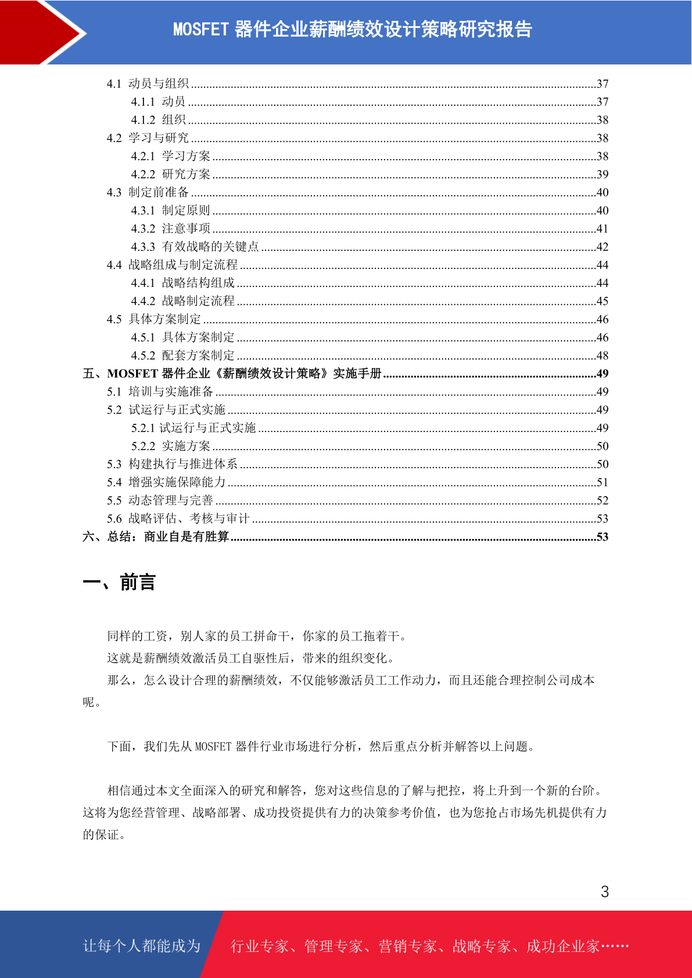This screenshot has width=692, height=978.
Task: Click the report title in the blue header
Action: pos(352,29)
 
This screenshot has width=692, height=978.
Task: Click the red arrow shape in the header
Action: pos(35,32)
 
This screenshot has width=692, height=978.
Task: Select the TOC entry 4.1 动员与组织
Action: pos(148,84)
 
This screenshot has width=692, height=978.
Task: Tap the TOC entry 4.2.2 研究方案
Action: pos(171,174)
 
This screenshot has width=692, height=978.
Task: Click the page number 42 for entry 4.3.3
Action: pos(602,247)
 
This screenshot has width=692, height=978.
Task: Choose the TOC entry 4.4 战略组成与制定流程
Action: pos(173,265)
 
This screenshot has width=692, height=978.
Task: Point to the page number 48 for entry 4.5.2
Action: pos(602,355)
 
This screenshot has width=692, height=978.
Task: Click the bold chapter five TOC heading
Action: pos(232,373)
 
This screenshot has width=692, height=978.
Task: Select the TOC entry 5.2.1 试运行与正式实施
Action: pos(193,428)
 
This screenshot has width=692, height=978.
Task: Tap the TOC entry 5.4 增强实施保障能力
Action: pos(166,482)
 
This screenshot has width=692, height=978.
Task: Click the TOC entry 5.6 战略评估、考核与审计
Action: pos(178,519)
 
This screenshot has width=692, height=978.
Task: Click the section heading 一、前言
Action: pos(119,582)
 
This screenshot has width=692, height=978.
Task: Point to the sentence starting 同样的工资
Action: pos(257,636)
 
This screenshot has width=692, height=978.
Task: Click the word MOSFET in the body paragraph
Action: pos(213,746)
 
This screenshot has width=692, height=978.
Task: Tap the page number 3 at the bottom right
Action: pos(604,891)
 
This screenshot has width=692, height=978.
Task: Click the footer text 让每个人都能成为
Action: pos(142,946)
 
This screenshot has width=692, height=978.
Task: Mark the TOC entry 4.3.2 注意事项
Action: pos(171,229)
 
